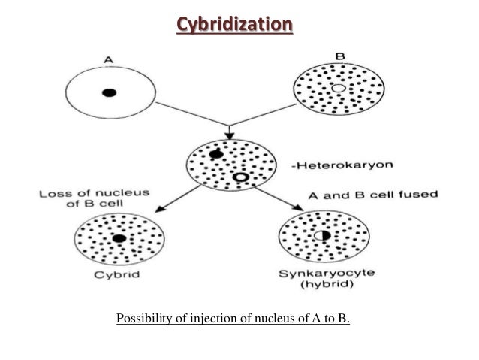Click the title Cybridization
[x=234, y=26]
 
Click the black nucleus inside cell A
[x=110, y=93]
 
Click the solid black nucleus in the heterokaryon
[x=217, y=154]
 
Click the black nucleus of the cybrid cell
[x=119, y=239]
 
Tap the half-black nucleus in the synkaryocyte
[x=322, y=236]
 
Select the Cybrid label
[x=119, y=276]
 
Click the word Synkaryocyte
[x=324, y=276]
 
